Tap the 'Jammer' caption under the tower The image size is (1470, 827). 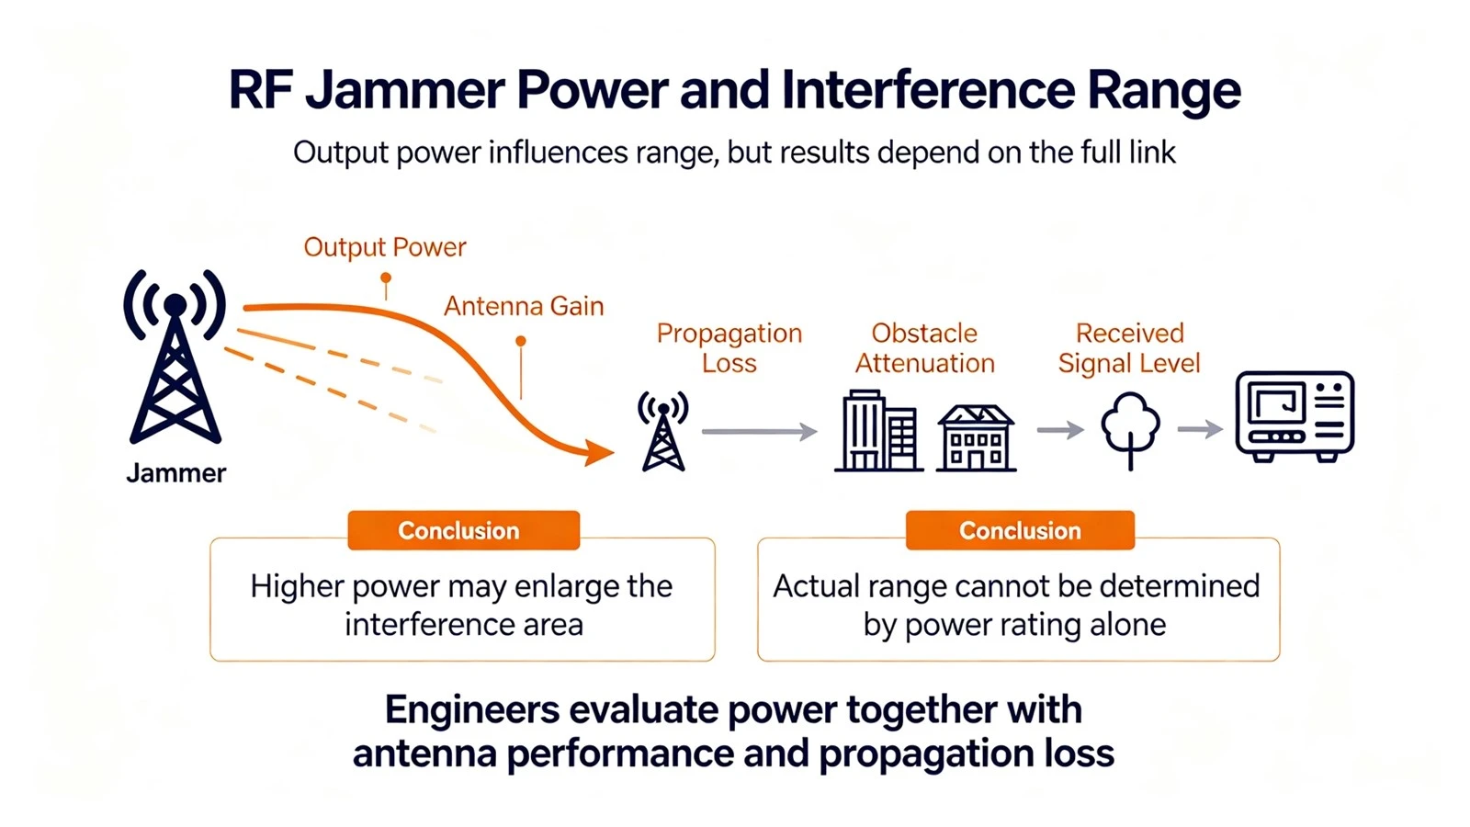[175, 472]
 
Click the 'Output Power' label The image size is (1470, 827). [385, 247]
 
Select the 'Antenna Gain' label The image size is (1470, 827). [524, 307]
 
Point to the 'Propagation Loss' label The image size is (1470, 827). [729, 348]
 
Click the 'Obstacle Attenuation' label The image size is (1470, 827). [924, 348]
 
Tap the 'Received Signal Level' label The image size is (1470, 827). [1129, 348]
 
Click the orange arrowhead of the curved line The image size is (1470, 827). [598, 452]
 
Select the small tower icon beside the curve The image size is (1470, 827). [662, 431]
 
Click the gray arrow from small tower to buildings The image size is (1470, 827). [760, 431]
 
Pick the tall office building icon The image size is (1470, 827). [878, 431]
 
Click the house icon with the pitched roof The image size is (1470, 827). [977, 437]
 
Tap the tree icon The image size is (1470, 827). [1130, 431]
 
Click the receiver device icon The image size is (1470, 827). [1295, 417]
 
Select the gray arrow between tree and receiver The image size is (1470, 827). [1200, 429]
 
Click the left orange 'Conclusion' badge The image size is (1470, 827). [464, 530]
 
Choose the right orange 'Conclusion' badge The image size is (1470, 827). [1021, 530]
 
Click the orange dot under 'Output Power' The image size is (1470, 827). [386, 278]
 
